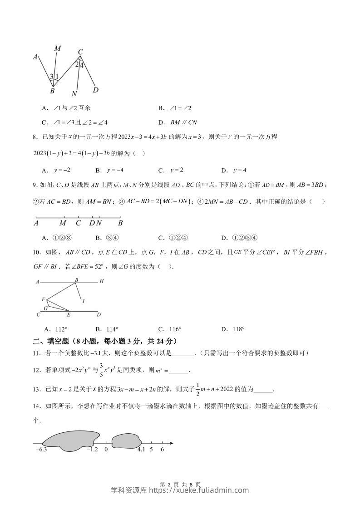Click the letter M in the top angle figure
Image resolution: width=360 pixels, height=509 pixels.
pos(57,48)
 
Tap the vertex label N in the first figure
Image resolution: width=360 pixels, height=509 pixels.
pos(74,94)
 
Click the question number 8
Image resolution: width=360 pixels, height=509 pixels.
pos(32,137)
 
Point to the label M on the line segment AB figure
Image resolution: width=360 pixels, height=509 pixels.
pos(63,223)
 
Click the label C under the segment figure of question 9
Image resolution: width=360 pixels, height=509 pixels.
pos(78,223)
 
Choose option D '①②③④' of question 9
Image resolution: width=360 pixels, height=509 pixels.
pos(245,238)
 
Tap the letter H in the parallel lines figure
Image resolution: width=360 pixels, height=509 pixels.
pos(102,281)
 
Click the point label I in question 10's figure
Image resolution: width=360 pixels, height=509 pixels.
pos(84,301)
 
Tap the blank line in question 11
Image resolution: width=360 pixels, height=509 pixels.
pos(183,353)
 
